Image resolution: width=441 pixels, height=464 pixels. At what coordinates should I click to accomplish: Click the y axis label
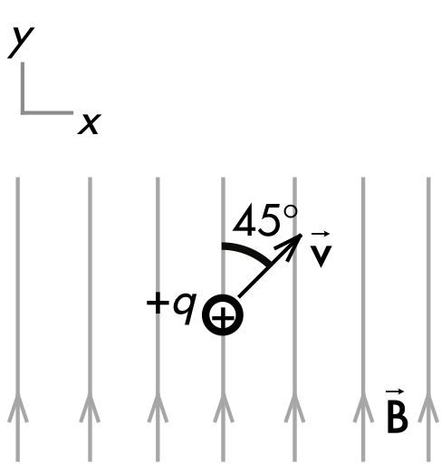21,43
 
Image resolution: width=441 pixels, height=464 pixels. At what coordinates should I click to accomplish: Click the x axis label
90,124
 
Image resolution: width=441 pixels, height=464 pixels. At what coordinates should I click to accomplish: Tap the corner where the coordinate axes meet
23,112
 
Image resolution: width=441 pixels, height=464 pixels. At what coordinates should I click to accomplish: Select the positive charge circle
223,314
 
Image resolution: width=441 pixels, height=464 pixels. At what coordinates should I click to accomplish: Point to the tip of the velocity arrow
302,235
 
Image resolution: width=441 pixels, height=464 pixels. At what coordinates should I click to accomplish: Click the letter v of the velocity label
321,256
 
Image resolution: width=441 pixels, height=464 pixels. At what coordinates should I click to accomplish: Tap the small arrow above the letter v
321,234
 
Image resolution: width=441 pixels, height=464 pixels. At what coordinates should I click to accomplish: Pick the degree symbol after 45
291,211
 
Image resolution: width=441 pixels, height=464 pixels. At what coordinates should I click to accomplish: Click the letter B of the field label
398,417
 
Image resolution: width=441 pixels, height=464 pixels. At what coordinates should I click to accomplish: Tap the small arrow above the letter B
395,391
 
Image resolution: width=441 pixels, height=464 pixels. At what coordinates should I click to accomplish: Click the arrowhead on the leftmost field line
18,408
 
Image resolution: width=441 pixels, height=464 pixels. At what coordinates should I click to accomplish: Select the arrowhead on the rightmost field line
428,408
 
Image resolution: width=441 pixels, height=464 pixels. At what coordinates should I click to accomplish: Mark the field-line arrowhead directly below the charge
223,408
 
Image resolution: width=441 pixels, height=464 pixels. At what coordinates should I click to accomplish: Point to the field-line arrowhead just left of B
363,408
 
